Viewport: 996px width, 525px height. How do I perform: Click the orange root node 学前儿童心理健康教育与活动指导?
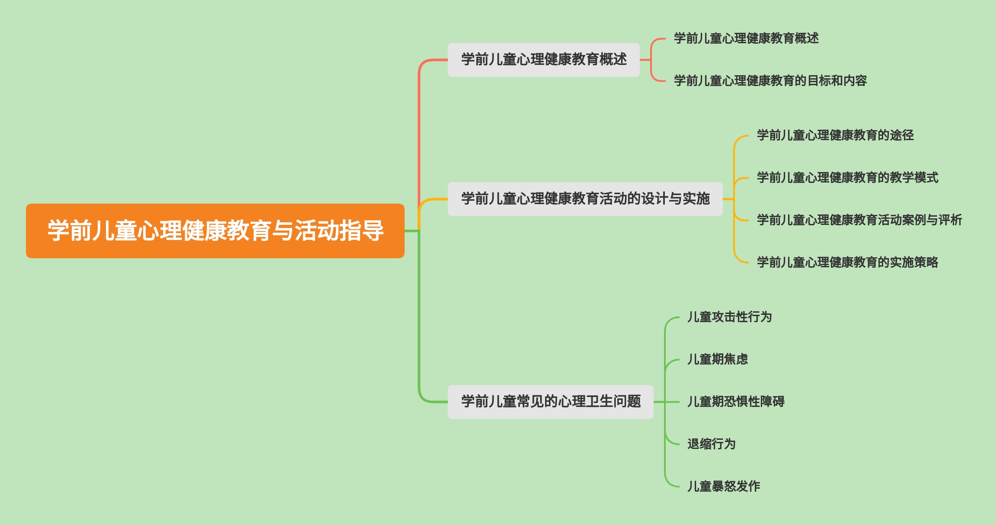coord(215,230)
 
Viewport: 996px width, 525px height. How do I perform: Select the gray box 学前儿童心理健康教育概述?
coord(543,60)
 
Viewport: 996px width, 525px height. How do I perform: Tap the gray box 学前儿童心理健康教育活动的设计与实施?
coord(585,199)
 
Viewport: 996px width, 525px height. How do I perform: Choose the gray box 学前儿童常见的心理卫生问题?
coord(550,402)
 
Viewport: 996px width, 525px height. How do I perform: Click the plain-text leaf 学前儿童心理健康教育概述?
coord(746,38)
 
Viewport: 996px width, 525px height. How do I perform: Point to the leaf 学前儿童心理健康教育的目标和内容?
coord(770,81)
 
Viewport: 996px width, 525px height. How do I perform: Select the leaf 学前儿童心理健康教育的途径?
coord(835,135)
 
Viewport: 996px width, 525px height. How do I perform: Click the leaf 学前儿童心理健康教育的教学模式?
coord(847,178)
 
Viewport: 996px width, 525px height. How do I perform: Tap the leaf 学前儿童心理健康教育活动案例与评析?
coord(859,220)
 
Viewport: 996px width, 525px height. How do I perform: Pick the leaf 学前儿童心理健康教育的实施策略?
coord(847,262)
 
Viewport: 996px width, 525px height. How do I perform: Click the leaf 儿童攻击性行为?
coord(730,317)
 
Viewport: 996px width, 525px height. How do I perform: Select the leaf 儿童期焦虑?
coord(718,359)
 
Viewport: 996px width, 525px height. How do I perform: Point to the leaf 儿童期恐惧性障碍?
coord(736,402)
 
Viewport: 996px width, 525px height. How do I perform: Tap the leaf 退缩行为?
coord(712,444)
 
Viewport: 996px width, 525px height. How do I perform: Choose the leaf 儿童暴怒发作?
coord(724,487)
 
